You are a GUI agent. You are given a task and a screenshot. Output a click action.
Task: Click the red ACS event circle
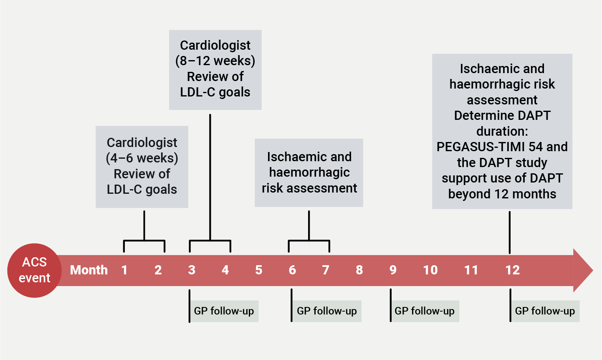pyautogui.click(x=34, y=270)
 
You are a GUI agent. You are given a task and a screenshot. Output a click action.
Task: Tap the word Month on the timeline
pyautogui.click(x=89, y=270)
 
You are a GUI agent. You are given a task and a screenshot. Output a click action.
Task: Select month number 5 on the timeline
pyautogui.click(x=259, y=270)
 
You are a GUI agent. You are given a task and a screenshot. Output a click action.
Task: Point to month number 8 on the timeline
pyautogui.click(x=359, y=270)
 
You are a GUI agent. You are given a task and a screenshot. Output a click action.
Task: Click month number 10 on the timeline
pyautogui.click(x=430, y=270)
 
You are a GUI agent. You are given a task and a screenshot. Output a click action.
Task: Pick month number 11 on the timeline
pyautogui.click(x=471, y=270)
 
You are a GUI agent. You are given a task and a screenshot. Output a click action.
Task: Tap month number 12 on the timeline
pyautogui.click(x=512, y=270)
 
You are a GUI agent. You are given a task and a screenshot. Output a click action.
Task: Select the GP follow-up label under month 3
pyautogui.click(x=224, y=311)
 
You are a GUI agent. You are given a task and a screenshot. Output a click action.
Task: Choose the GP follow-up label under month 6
pyautogui.click(x=327, y=311)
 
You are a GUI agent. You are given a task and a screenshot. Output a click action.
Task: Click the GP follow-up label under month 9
pyautogui.click(x=425, y=311)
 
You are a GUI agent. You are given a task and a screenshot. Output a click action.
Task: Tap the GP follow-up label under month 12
pyautogui.click(x=545, y=311)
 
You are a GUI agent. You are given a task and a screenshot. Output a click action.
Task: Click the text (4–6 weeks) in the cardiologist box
pyautogui.click(x=142, y=158)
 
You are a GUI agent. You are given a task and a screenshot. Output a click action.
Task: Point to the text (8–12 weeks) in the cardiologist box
pyautogui.click(x=215, y=61)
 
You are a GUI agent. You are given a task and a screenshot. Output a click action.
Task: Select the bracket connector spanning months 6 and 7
pyautogui.click(x=309, y=241)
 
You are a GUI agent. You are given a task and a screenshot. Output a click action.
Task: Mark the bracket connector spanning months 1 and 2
pyautogui.click(x=144, y=241)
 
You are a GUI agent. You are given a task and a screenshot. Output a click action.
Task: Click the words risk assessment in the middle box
pyautogui.click(x=309, y=188)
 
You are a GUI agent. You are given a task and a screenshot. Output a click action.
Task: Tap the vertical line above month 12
pyautogui.click(x=509, y=232)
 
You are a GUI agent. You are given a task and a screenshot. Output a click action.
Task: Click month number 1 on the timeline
pyautogui.click(x=124, y=270)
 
